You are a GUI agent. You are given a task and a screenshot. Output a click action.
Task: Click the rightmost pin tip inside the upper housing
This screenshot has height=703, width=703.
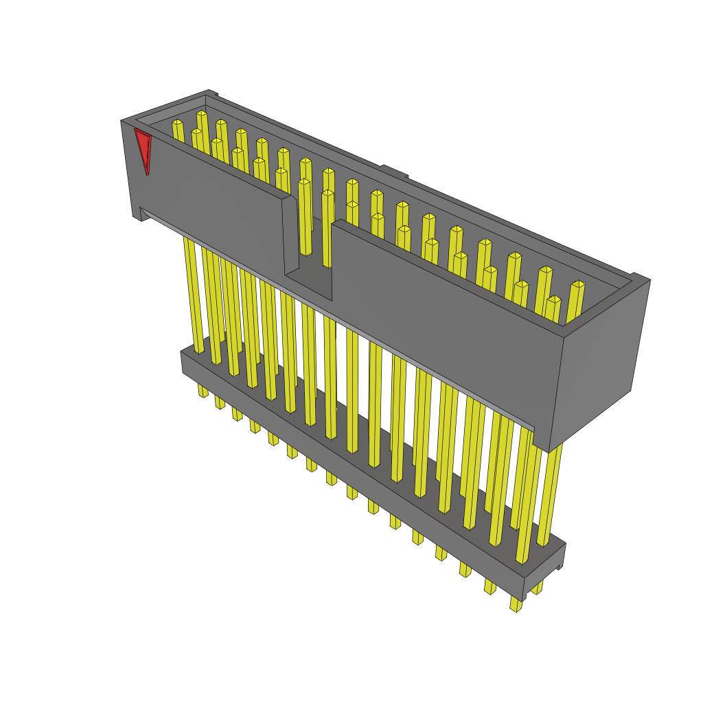point(577,284)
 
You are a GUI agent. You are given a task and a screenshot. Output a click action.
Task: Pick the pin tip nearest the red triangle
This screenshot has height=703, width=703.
point(177,123)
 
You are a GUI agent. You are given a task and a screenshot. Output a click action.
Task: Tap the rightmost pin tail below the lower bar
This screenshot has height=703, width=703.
point(516,604)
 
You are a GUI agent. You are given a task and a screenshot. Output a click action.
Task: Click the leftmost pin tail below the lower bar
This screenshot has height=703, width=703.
point(203,391)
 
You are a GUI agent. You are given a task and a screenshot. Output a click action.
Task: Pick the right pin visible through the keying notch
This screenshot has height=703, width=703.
point(327,227)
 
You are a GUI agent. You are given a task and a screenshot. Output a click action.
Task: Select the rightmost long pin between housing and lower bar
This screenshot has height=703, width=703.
point(549,494)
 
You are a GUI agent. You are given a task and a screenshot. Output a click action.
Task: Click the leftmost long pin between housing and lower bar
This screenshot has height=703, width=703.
point(193,295)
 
